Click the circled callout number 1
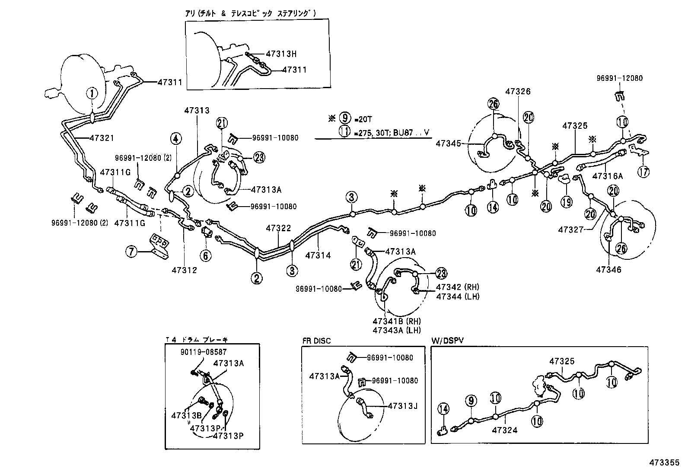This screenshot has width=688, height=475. [x=92, y=92]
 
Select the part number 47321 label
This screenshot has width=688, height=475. [x=102, y=138]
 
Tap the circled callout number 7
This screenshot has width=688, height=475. [x=132, y=251]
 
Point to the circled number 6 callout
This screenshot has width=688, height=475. [x=206, y=255]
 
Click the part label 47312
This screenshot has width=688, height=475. [x=184, y=270]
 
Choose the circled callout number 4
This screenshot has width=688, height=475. [x=176, y=139]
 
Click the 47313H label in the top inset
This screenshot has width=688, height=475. [x=281, y=54]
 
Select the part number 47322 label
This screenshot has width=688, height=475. [x=278, y=228]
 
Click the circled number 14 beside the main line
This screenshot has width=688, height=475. [x=492, y=207]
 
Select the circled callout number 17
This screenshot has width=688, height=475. [x=643, y=172]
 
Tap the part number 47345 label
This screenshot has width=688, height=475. [x=448, y=143]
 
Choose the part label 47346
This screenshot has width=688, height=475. [x=608, y=269]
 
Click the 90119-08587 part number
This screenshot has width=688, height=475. [x=204, y=352]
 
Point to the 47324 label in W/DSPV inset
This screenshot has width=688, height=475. [x=504, y=430]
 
